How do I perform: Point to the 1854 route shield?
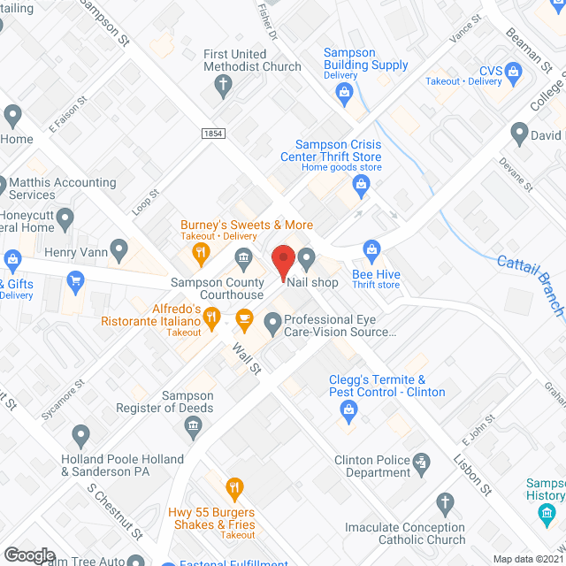click(x=212, y=133)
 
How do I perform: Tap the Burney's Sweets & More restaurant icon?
click(x=202, y=253)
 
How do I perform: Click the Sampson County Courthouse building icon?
click(x=242, y=258)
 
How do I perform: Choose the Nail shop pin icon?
click(x=307, y=259)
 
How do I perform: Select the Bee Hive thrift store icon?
click(x=372, y=251)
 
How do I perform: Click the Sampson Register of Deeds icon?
click(x=191, y=428)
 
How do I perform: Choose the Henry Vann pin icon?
click(x=119, y=249)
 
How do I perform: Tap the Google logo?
click(x=29, y=555)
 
